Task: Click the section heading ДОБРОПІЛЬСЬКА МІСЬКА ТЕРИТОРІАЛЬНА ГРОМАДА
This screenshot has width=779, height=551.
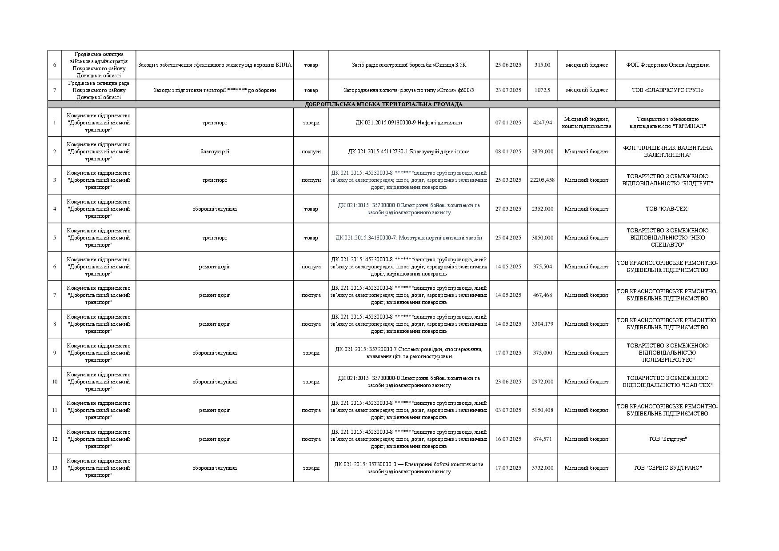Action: coord(384,104)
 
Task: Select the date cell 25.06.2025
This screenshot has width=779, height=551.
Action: coord(508,65)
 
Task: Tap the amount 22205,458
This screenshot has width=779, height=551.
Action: coord(542,180)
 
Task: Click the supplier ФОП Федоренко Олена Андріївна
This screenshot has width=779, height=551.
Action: coord(667,65)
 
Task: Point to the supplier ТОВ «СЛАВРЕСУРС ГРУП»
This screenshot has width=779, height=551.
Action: coord(667,90)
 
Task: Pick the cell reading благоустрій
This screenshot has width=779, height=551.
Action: coord(215,152)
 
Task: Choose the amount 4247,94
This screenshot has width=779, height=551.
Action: coord(542,123)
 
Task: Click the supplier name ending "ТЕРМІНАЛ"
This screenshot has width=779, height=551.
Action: coord(667,123)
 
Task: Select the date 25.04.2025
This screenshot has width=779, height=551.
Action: coord(508,238)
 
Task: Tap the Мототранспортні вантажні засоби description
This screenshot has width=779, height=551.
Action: coord(409,238)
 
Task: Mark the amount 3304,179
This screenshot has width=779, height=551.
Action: coord(542,324)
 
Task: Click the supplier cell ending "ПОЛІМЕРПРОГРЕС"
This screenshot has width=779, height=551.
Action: coord(667,353)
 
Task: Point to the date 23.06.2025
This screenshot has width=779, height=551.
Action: coord(508,382)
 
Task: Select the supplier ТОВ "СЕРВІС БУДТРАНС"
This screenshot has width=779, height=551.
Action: coord(667,468)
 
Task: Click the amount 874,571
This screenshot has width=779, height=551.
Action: coord(542,439)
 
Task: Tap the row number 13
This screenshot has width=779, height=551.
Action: coord(55,468)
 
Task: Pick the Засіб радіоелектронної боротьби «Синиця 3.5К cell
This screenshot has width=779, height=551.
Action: coord(409,65)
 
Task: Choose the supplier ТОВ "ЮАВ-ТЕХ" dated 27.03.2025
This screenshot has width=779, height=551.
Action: coord(667,209)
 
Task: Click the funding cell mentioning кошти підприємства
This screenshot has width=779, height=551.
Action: coord(586,123)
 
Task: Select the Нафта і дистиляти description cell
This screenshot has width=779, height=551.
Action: coord(409,123)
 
